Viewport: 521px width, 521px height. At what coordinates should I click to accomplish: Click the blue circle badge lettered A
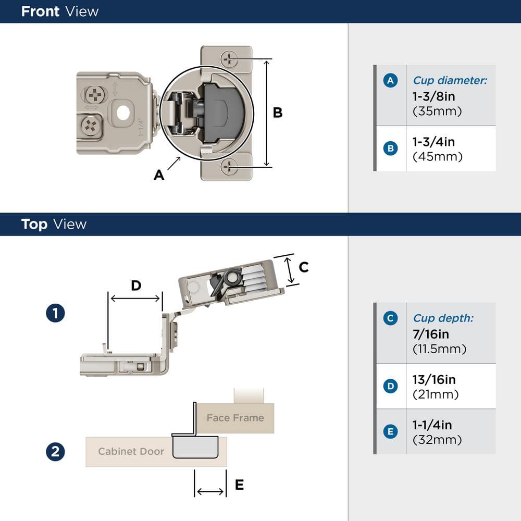[x=390, y=80]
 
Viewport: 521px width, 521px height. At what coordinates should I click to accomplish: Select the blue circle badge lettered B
[x=390, y=148]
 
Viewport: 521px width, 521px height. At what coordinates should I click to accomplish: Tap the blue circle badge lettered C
[x=390, y=318]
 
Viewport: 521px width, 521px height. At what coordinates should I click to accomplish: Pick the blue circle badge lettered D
[x=390, y=386]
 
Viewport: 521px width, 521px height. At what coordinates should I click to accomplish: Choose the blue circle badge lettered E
[x=390, y=431]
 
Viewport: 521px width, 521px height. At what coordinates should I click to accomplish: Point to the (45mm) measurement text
[x=438, y=156]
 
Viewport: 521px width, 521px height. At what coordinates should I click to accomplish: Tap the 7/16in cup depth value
[x=430, y=334]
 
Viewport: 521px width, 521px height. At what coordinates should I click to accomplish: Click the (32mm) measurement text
[x=437, y=440]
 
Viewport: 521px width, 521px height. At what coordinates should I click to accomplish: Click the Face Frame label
[x=235, y=418]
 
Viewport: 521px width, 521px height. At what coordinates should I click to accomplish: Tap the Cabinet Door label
[x=131, y=452]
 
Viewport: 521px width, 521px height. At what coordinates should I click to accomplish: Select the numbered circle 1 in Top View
[x=55, y=314]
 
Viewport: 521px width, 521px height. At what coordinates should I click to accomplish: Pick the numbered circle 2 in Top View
[x=55, y=452]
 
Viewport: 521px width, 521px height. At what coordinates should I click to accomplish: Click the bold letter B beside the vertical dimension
[x=278, y=113]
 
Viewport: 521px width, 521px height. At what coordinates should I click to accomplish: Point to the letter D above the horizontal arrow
[x=135, y=286]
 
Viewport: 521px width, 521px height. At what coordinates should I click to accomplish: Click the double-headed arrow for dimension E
[x=210, y=491]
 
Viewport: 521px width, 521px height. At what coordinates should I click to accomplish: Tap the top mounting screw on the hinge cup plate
[x=229, y=59]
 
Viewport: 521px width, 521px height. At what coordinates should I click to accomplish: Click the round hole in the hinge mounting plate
[x=123, y=111]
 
